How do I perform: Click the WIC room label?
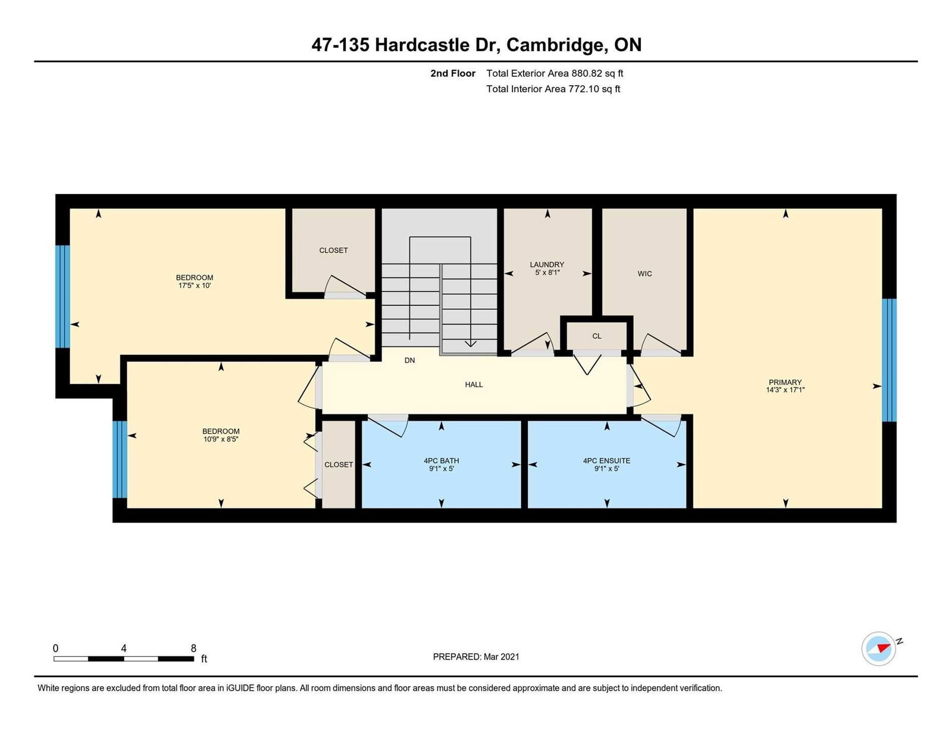[644, 273]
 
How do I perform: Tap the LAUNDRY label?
[547, 264]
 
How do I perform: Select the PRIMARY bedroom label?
[785, 382]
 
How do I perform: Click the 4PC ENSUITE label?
[606, 461]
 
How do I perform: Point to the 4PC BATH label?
[441, 461]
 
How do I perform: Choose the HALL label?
[474, 385]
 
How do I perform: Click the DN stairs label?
[409, 360]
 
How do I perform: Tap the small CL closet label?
[597, 336]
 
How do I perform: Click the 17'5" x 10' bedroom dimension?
[195, 285]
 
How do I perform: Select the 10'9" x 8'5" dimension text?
[221, 439]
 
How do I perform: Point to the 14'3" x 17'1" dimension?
[785, 389]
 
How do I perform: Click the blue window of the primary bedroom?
[889, 360]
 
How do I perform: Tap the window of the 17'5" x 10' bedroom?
[62, 297]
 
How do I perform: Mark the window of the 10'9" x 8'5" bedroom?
[120, 459]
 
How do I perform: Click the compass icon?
[878, 649]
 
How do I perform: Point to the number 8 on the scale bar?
[193, 648]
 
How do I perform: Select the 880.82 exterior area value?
[585, 73]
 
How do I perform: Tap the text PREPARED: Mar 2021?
[476, 657]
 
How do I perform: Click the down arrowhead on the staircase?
[470, 344]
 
